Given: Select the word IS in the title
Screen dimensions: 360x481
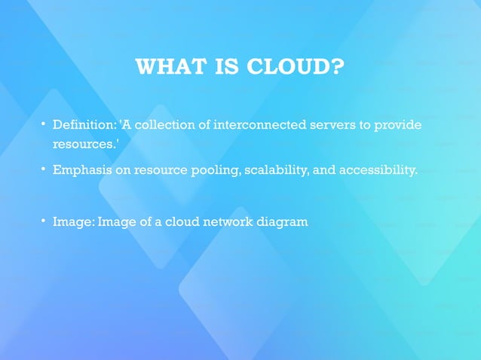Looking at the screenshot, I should coord(225,67).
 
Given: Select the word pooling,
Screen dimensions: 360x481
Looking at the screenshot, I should coord(216,170).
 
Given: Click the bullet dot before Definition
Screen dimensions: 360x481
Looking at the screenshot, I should coord(44,123).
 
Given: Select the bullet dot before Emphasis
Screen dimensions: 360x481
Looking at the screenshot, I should coord(44,169).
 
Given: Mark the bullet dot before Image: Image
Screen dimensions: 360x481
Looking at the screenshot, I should coord(44,221).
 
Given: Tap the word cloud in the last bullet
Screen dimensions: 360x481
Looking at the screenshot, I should coord(181,221).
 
